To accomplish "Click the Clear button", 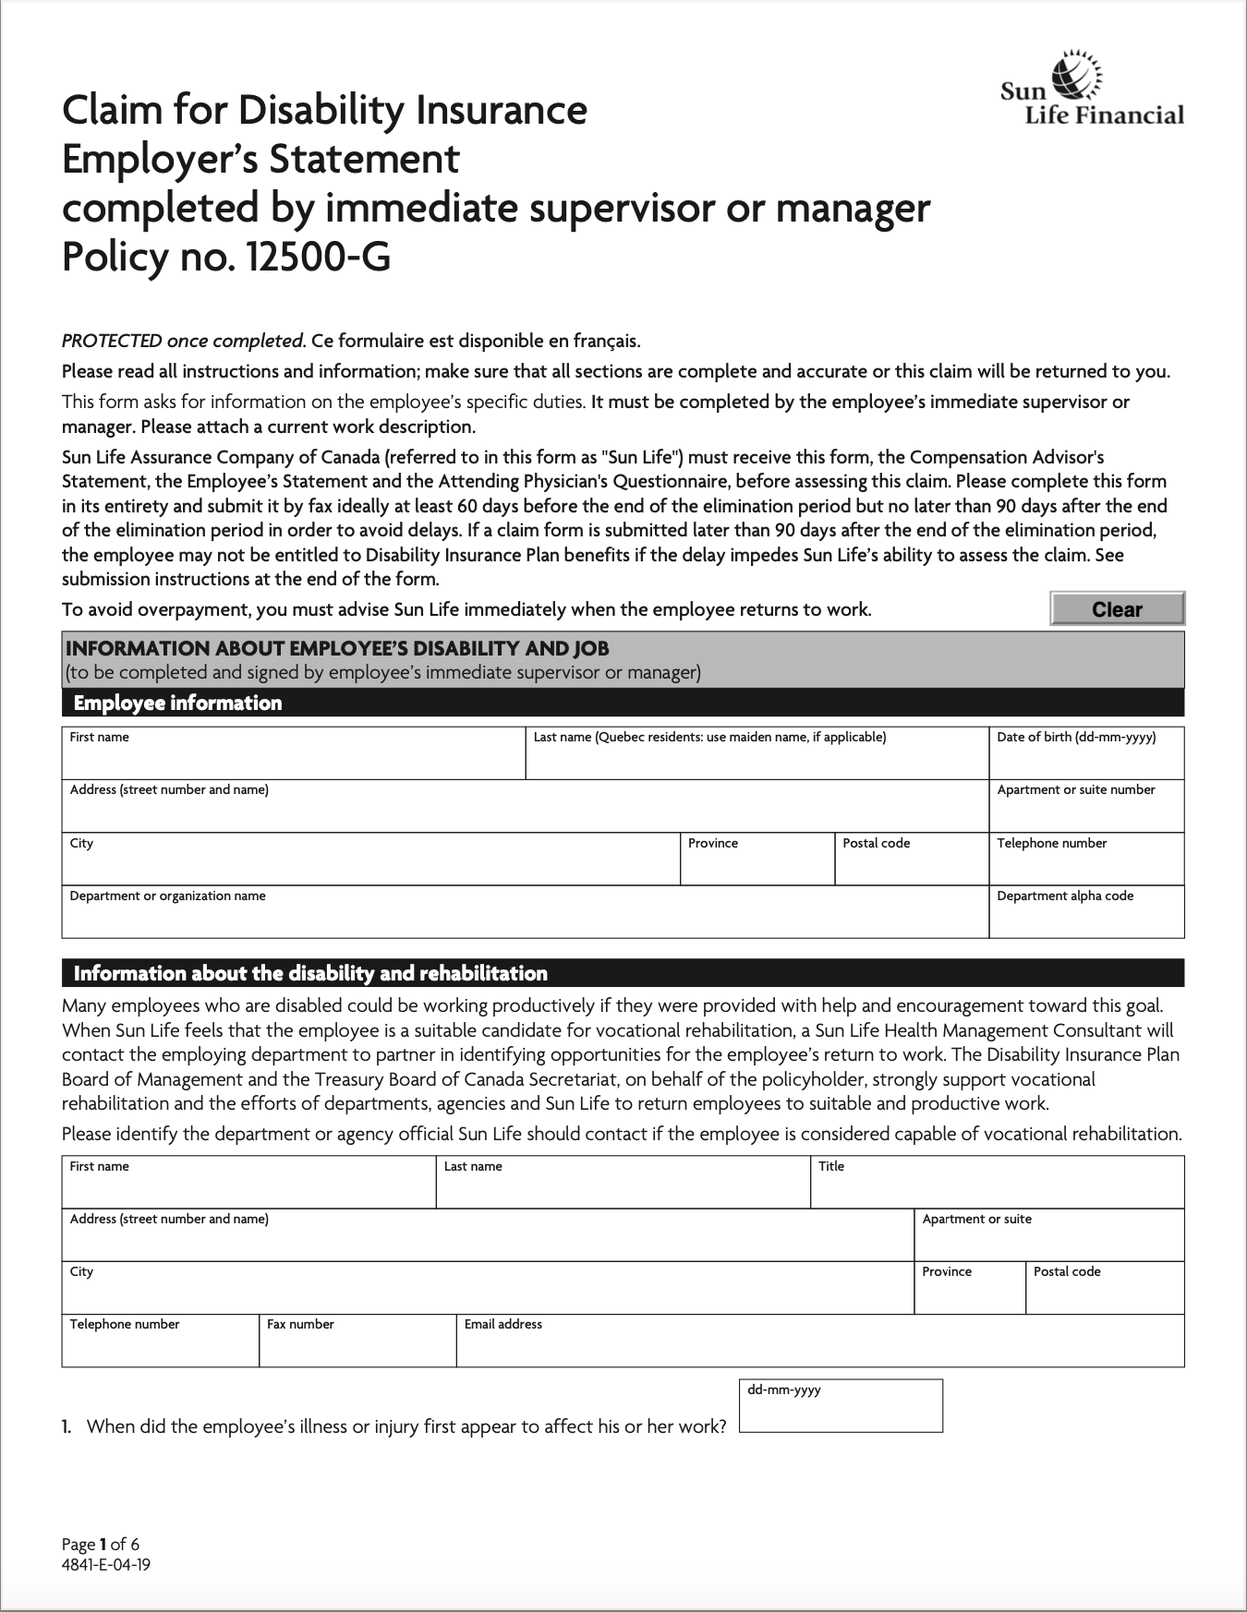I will click(1117, 609).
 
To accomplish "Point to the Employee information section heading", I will click(177, 704).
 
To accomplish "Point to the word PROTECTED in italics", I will click(112, 341).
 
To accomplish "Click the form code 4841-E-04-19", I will click(106, 1565).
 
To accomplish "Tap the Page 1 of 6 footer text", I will click(101, 1544).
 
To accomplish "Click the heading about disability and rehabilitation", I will click(310, 973).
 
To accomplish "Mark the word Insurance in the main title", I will click(501, 111).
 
